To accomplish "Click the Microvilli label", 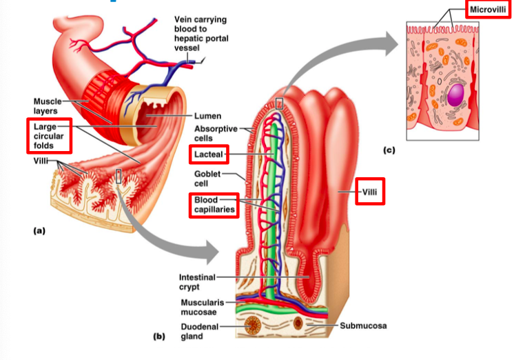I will (x=488, y=9).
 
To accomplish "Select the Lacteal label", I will (x=208, y=153).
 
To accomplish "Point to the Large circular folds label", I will (x=48, y=137).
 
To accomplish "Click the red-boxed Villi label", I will (x=370, y=191).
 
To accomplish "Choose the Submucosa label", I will (x=362, y=325).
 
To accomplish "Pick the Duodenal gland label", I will (x=199, y=330).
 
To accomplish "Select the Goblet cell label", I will (x=207, y=179).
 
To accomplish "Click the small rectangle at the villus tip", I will (x=278, y=103).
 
